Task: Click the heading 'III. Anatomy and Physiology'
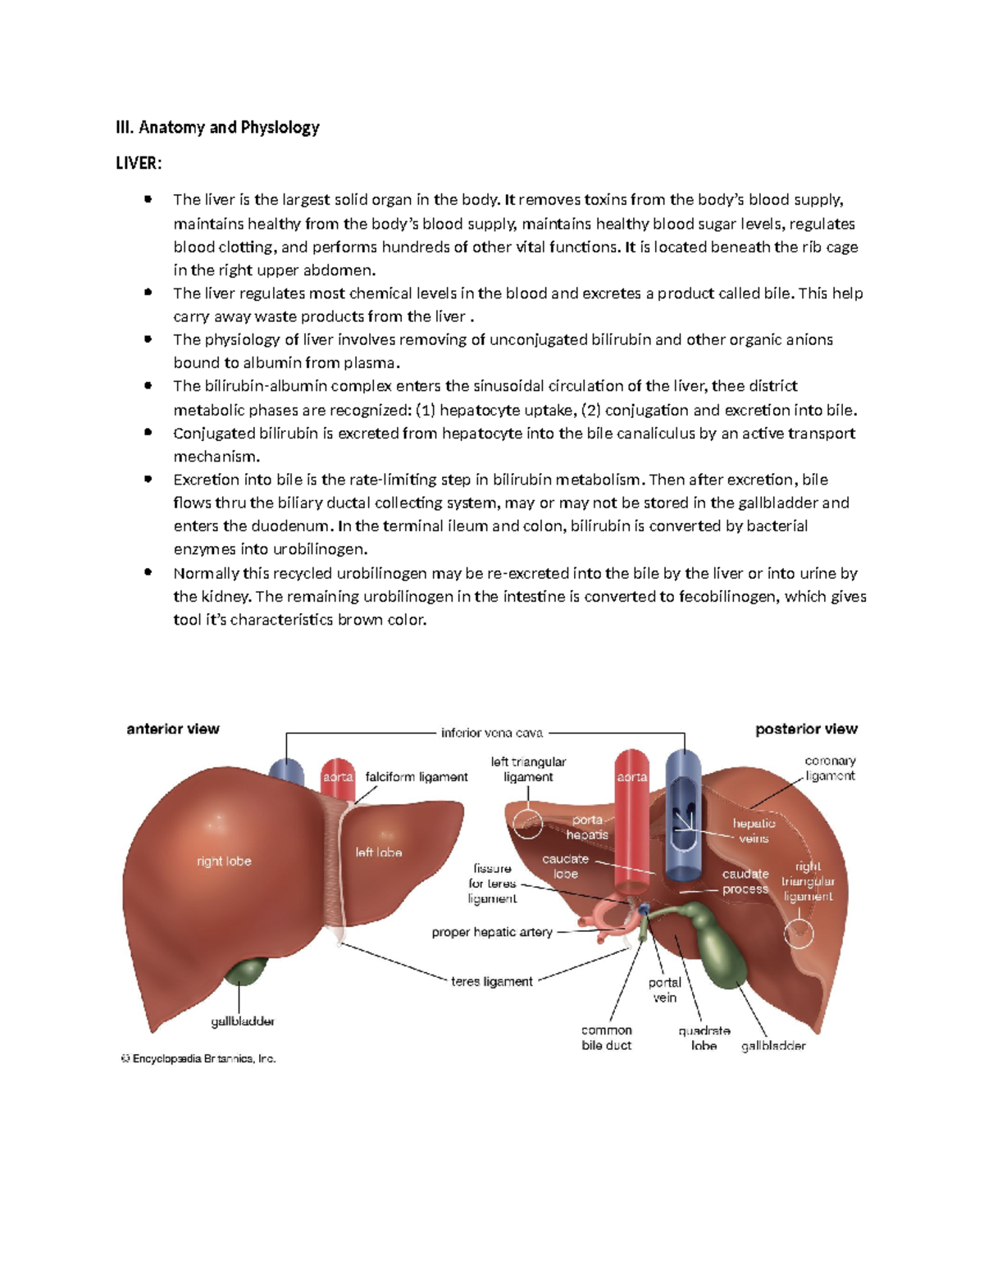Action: [x=217, y=127]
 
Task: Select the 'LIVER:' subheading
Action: [x=139, y=163]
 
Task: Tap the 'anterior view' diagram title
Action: [x=173, y=729]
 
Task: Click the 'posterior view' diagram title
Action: [x=806, y=729]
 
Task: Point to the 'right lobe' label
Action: [x=224, y=861]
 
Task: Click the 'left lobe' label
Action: [x=379, y=852]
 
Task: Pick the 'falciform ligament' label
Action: [x=417, y=777]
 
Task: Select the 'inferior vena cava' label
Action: [x=492, y=733]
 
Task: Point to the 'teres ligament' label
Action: [x=492, y=981]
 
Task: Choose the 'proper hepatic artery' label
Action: [x=492, y=932]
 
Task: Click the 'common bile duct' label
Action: [x=607, y=1038]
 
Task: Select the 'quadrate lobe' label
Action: [x=704, y=1038]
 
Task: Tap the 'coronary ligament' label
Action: [x=830, y=768]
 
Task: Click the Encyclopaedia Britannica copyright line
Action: [x=198, y=1059]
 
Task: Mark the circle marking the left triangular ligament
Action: [x=527, y=823]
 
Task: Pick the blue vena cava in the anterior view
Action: [x=286, y=773]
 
